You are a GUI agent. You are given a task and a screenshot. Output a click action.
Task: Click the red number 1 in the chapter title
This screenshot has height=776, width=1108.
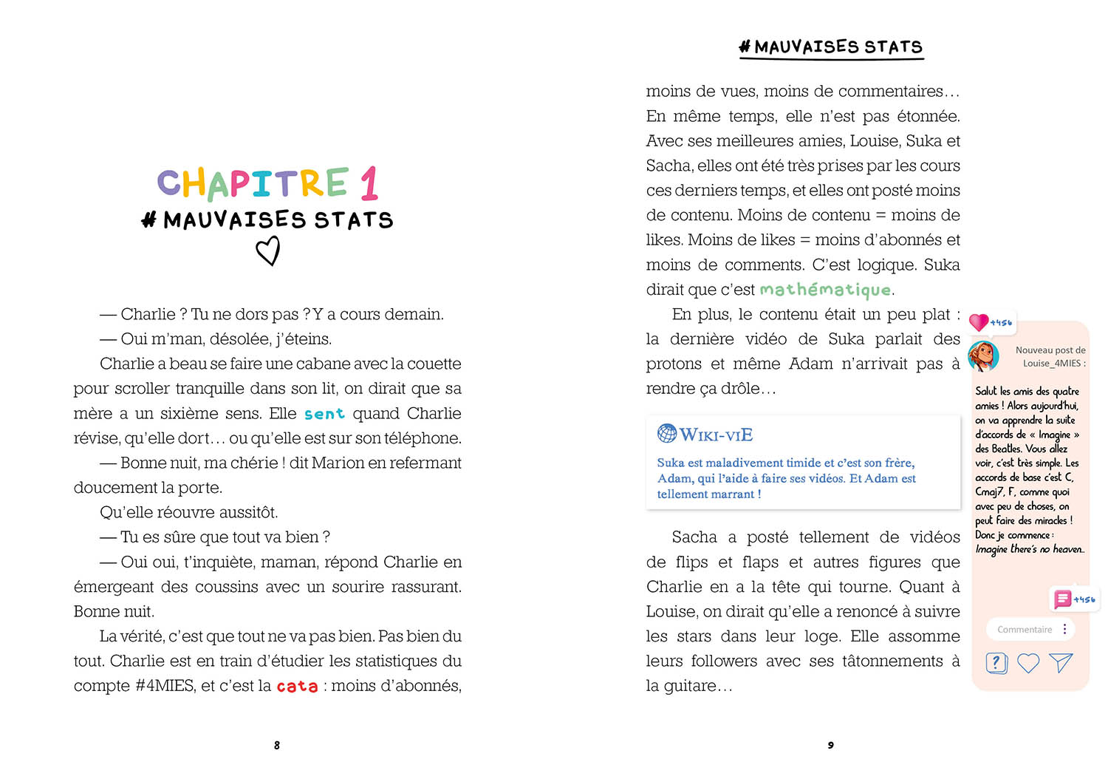click(369, 183)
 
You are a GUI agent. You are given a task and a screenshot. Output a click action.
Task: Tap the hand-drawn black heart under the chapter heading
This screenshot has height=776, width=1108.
click(268, 251)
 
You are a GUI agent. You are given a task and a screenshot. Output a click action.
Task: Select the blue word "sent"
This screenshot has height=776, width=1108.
click(324, 414)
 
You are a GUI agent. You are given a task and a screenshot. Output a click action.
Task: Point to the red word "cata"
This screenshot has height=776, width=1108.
click(297, 687)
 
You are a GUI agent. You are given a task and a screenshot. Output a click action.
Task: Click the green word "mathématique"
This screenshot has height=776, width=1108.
click(825, 290)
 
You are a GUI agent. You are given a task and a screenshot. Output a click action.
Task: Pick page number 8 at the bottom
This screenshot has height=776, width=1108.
click(277, 745)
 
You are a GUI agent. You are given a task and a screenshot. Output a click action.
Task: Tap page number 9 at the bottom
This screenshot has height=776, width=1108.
click(831, 745)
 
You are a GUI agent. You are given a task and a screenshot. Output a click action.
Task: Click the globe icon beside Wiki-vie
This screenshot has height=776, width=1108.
click(667, 434)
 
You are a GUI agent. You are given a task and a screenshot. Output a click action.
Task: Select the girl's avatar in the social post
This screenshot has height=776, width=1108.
click(984, 356)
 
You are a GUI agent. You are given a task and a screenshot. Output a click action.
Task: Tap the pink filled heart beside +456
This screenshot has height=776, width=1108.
click(979, 322)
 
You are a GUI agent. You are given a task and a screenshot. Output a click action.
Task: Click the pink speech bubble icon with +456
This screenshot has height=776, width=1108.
click(1062, 599)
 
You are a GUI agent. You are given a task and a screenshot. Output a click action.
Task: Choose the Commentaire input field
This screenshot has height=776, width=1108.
click(1025, 630)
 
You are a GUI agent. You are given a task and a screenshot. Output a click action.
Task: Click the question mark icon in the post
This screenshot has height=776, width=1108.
click(996, 663)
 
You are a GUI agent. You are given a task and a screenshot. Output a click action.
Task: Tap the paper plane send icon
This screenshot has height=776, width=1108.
click(1061, 663)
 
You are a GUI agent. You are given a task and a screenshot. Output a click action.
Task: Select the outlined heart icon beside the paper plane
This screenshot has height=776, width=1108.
click(1028, 663)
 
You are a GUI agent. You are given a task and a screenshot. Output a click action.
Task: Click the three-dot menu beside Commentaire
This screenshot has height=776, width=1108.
click(1064, 629)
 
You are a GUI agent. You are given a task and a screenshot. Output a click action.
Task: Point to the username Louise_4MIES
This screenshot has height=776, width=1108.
click(1052, 364)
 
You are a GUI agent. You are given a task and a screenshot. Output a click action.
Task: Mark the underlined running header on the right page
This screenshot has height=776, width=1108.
click(831, 47)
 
